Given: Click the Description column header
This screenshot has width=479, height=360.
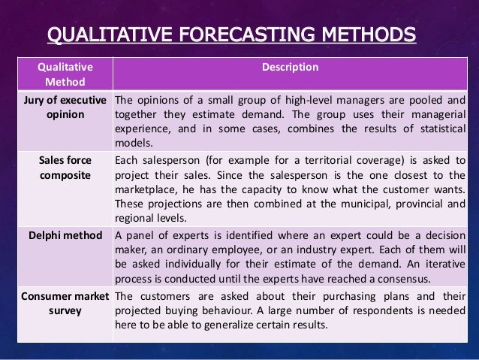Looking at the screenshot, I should [x=289, y=68].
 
